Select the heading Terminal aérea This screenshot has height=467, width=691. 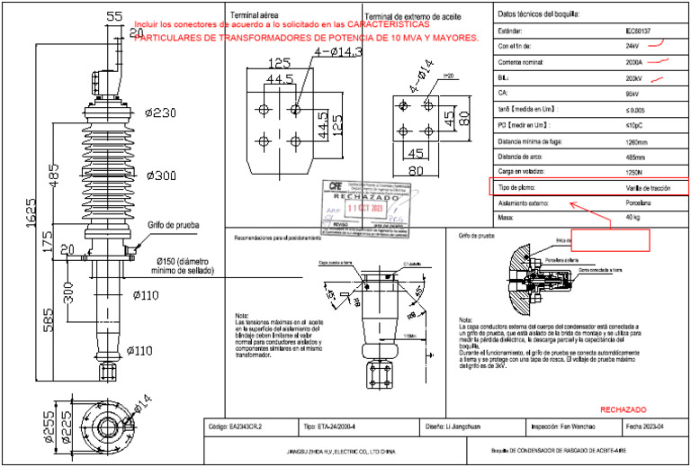[x=255, y=16]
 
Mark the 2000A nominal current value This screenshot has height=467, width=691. [x=633, y=63]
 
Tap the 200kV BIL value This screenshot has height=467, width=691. [x=633, y=79]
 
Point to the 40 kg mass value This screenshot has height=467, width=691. [x=633, y=219]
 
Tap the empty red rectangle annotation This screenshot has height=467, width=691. [x=609, y=239]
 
